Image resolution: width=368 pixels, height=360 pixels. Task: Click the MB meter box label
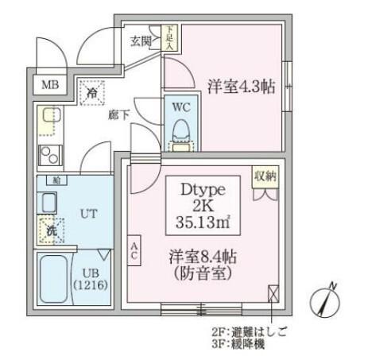(48, 84)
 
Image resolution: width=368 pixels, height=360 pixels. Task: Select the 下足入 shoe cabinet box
(169, 36)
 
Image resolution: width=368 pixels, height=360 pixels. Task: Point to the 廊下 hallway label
(118, 114)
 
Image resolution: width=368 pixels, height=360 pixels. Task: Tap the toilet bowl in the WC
(180, 130)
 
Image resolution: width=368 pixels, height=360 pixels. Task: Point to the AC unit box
(134, 251)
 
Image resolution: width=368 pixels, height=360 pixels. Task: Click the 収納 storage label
(266, 176)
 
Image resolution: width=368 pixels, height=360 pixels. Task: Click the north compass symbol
(330, 300)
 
